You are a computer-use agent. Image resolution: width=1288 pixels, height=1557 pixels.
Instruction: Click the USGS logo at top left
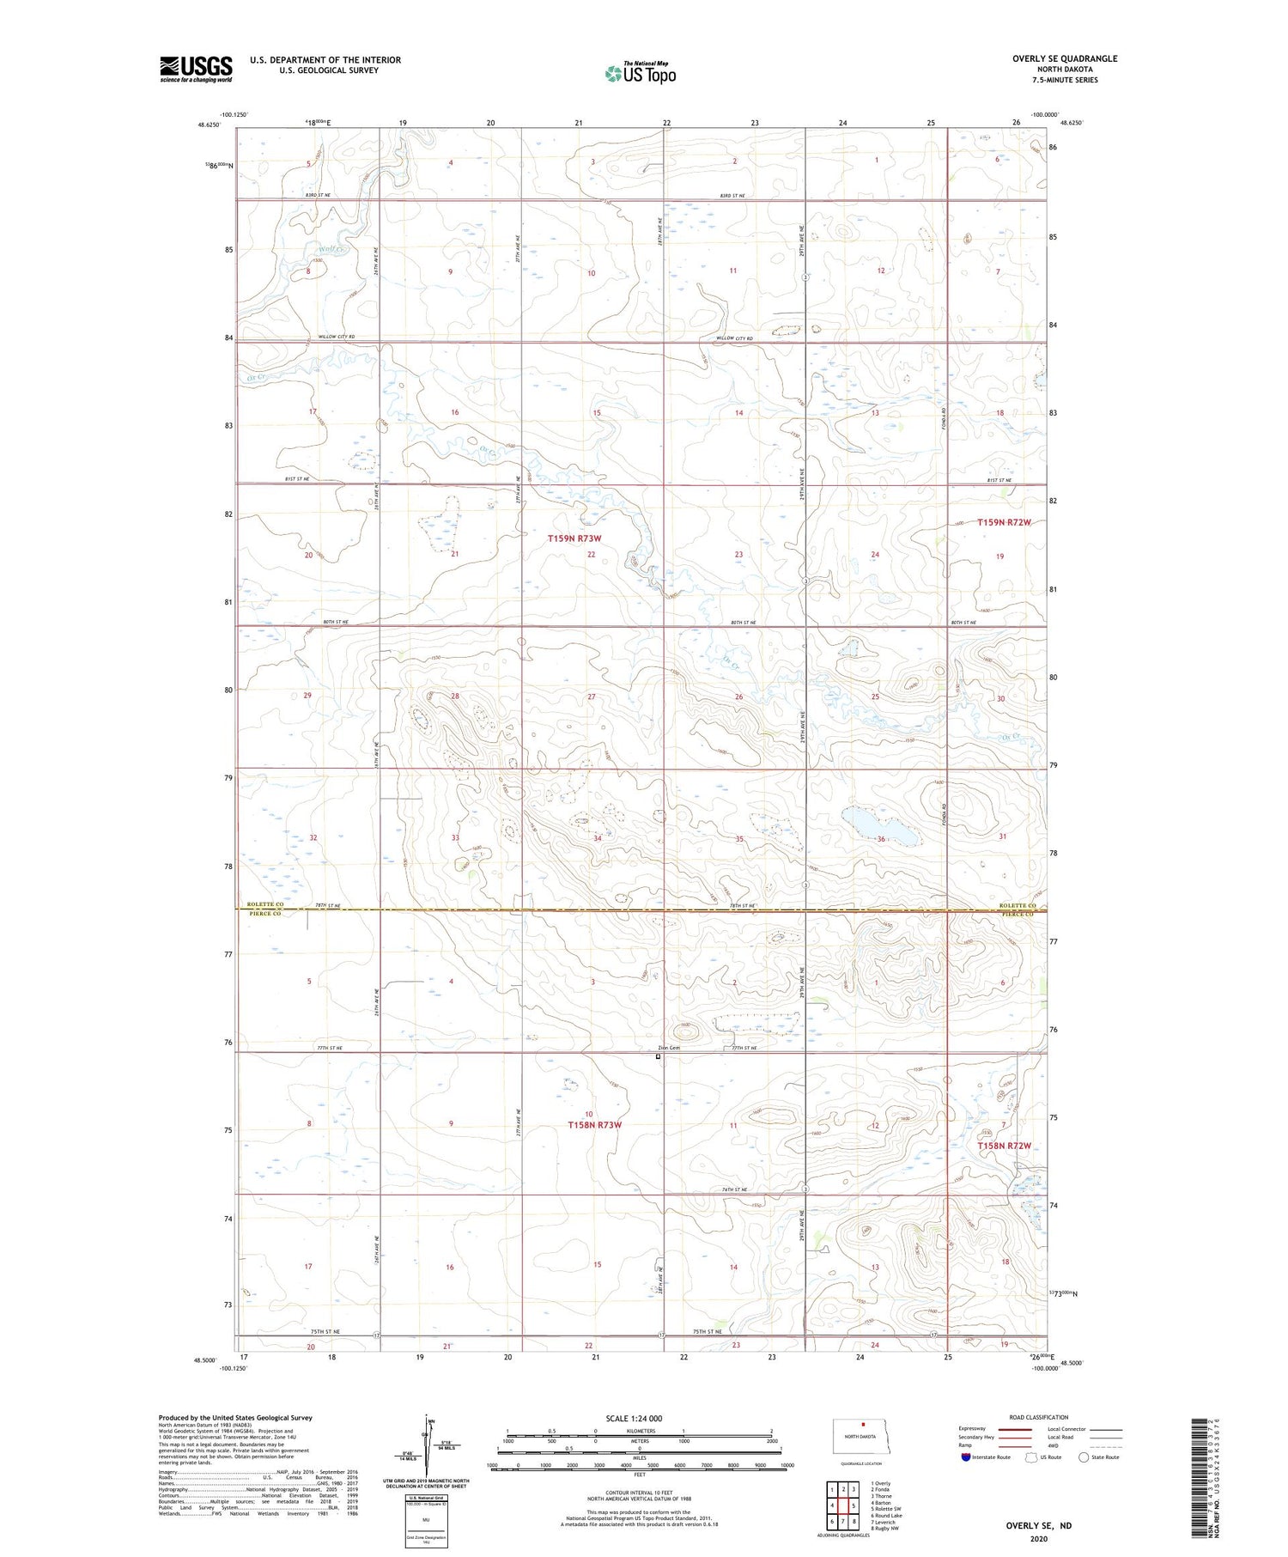[196, 69]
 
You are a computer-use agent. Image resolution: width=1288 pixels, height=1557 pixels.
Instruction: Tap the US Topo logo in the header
[640, 74]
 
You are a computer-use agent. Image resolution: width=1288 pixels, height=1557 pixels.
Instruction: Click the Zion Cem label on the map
[668, 1048]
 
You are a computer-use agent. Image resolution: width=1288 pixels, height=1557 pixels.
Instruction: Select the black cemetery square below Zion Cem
[659, 1058]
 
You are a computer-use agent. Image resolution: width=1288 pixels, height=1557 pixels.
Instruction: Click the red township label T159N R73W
[574, 538]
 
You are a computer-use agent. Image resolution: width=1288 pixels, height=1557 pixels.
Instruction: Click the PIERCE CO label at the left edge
[264, 914]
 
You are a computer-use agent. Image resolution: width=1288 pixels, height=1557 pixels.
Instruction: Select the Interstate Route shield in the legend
[966, 1457]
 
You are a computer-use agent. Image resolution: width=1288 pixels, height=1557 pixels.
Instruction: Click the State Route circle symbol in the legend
[1084, 1457]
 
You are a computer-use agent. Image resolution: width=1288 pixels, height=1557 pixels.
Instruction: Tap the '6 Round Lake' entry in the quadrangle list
[886, 1516]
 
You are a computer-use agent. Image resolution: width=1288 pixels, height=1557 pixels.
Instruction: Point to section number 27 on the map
[591, 697]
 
